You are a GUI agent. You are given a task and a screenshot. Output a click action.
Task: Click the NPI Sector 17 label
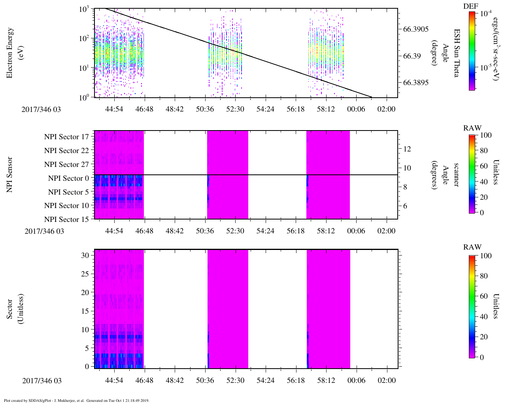[67, 137]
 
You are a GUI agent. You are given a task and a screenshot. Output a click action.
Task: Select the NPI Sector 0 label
[69, 178]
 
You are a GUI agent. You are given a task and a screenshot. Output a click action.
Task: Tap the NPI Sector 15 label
[67, 219]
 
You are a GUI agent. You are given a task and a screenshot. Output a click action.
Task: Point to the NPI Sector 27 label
[67, 164]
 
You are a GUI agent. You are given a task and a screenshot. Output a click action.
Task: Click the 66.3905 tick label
[415, 29]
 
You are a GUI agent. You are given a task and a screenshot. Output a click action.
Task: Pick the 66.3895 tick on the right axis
[415, 83]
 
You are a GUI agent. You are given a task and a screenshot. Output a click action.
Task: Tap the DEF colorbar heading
[470, 6]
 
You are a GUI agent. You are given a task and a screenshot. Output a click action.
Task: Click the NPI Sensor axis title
[9, 174]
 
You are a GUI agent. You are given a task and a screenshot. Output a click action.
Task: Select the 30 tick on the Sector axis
[85, 255]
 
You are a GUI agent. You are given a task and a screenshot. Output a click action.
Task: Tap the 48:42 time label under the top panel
[174, 109]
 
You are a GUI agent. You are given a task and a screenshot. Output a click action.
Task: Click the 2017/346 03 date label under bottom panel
[42, 380]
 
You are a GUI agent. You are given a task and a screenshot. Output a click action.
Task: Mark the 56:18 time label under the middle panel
[295, 231]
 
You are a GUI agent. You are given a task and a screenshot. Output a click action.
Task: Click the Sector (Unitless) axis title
[15, 309]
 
